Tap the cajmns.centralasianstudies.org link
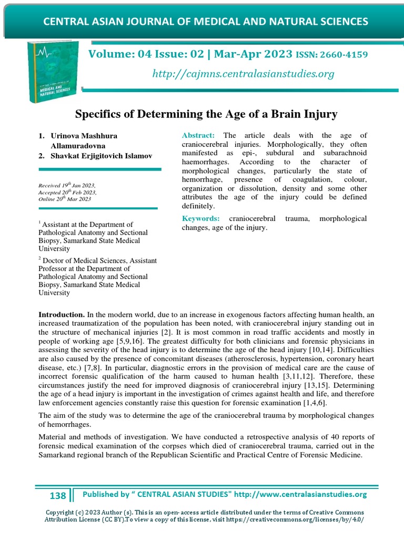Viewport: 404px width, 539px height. pyautogui.click(x=243, y=74)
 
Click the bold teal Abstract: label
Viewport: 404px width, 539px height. pyautogui.click(x=198, y=135)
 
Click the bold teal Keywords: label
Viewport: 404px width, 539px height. pyautogui.click(x=200, y=218)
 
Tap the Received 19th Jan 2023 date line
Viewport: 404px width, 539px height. pyautogui.click(x=67, y=186)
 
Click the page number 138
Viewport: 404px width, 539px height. pyautogui.click(x=57, y=495)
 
